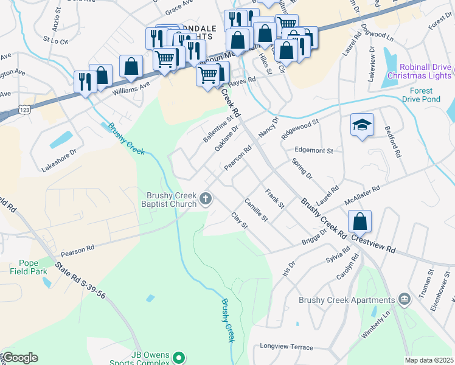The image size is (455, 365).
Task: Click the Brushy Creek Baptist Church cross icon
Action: (x=206, y=198)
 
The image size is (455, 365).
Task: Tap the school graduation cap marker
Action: (x=361, y=125)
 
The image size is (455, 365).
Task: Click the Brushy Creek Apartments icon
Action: (x=404, y=299)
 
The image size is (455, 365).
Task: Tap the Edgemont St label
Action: (x=313, y=150)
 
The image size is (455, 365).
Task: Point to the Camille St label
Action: (x=255, y=210)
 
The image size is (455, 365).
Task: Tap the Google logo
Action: (x=20, y=357)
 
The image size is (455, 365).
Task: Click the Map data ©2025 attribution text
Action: (x=429, y=360)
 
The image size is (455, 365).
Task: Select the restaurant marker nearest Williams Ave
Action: (x=84, y=81)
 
